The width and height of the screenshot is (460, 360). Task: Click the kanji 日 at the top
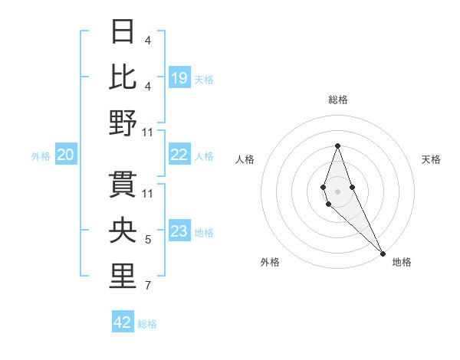tap(123, 31)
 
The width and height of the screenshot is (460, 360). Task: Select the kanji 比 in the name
tap(123, 77)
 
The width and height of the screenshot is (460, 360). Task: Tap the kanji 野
tap(123, 123)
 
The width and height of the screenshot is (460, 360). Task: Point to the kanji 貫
tap(123, 185)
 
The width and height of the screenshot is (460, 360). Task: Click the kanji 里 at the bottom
tap(123, 277)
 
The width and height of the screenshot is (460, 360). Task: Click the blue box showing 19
tap(179, 77)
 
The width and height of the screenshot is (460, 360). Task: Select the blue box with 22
tap(179, 155)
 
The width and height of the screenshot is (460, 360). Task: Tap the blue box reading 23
tap(179, 231)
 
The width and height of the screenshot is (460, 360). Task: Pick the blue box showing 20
tap(66, 155)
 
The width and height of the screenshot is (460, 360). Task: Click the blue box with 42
tap(123, 322)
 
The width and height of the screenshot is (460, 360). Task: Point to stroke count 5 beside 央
tap(148, 241)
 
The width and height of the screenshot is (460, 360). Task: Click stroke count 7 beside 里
tap(148, 286)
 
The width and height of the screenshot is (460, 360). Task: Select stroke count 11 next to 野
tap(148, 132)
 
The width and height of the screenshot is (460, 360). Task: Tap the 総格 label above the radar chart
tap(337, 100)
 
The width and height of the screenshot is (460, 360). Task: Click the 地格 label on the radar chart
tap(402, 262)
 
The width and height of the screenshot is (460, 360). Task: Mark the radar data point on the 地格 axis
tap(383, 254)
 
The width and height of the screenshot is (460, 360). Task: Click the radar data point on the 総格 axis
tap(337, 146)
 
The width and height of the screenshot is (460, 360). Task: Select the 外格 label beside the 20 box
tap(41, 156)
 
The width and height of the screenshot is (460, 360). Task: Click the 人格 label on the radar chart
tap(245, 159)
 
